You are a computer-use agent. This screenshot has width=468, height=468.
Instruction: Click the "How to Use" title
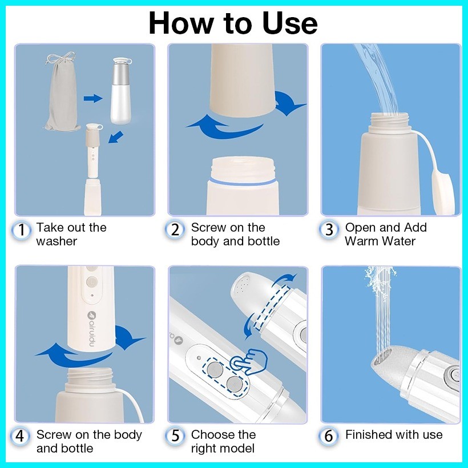coord(233,23)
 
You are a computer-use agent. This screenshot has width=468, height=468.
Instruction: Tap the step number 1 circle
coord(21,230)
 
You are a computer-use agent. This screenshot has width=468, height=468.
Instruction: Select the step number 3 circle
coord(329,230)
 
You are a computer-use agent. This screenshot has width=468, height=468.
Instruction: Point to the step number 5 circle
coord(175,436)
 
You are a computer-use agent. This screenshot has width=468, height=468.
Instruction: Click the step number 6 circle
coord(329,436)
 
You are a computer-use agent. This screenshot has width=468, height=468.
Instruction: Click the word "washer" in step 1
coord(57,241)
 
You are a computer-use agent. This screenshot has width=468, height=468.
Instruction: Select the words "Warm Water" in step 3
coord(380,241)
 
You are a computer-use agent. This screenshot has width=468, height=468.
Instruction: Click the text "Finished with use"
coord(394,434)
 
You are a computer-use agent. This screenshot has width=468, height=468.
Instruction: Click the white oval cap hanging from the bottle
coord(443,191)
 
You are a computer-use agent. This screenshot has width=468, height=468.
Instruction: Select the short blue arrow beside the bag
coord(93,98)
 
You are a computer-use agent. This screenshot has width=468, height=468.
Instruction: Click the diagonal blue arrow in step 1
coord(115,137)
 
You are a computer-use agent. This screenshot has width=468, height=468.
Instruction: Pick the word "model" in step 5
coord(238,448)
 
